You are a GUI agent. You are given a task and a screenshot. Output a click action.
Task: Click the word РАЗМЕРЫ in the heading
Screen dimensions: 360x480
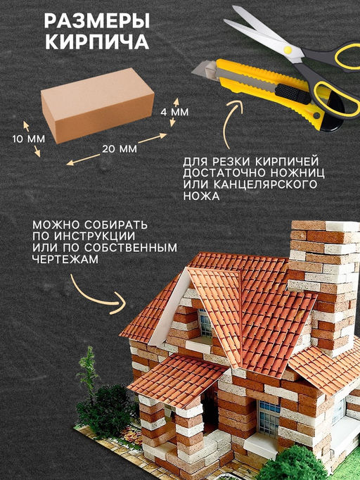pyautogui.click(x=97, y=21)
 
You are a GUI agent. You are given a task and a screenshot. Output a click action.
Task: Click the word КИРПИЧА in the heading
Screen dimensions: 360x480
pyautogui.click(x=97, y=42)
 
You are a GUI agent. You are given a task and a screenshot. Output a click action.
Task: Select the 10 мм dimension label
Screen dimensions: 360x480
pyautogui.click(x=28, y=139)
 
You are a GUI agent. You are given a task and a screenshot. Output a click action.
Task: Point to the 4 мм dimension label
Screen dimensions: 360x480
pyautogui.click(x=174, y=112)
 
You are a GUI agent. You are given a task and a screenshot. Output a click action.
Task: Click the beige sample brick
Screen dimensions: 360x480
pyautogui.click(x=97, y=106)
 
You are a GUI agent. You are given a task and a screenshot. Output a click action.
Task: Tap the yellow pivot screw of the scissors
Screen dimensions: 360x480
pyautogui.click(x=288, y=50)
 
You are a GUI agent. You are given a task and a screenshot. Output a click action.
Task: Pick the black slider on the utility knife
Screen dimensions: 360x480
pyautogui.click(x=288, y=92)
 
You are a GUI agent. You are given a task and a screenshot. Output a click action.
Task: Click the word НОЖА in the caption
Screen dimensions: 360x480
pyautogui.click(x=201, y=196)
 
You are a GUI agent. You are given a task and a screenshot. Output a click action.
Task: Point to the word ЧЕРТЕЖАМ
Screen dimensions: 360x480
pyautogui.click(x=65, y=259)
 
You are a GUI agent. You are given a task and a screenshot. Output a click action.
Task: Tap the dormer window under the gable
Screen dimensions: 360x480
pyautogui.click(x=205, y=322)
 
